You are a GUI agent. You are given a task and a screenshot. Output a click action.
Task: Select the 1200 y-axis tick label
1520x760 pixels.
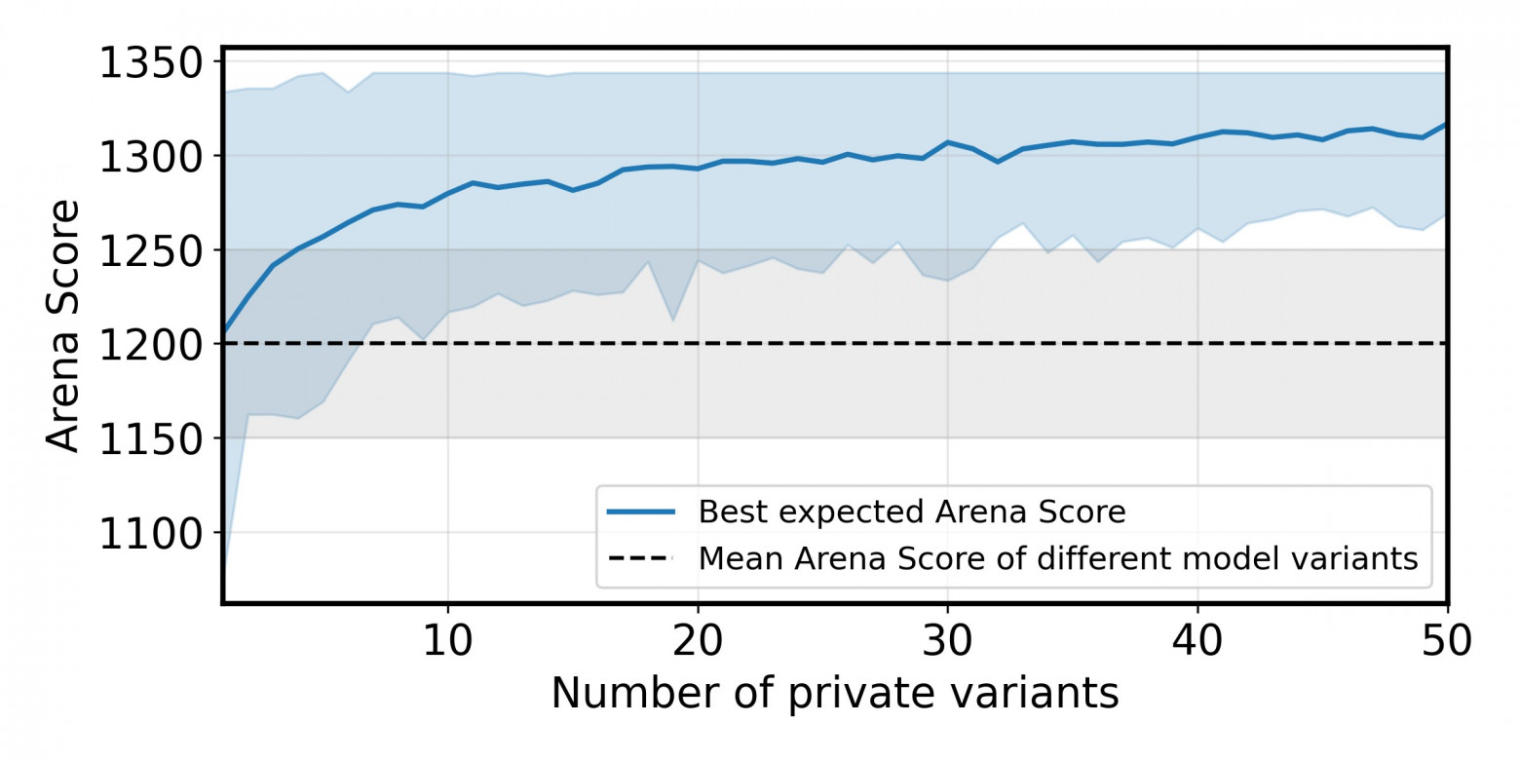[x=150, y=344]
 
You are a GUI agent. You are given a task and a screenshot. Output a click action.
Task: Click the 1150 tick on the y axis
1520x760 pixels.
[x=150, y=437]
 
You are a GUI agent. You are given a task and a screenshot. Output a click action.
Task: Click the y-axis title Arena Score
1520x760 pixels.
[x=64, y=325]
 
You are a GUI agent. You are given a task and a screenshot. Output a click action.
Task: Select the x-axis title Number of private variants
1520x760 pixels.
[x=835, y=694]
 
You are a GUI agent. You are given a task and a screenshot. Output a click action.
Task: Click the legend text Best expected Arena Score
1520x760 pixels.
[x=912, y=512]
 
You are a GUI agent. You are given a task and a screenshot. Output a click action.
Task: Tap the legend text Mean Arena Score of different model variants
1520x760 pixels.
[x=1057, y=558]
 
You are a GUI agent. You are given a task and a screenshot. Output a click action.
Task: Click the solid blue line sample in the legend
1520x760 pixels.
[x=640, y=512]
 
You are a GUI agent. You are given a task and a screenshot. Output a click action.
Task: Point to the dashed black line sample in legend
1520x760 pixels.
[x=640, y=558]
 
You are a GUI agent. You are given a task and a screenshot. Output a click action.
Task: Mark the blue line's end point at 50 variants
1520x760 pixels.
[x=1446, y=125]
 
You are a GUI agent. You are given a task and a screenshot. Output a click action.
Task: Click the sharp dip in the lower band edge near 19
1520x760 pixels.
[x=672, y=320]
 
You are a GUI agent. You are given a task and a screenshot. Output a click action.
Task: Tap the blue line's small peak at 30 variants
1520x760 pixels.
[x=947, y=142]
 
